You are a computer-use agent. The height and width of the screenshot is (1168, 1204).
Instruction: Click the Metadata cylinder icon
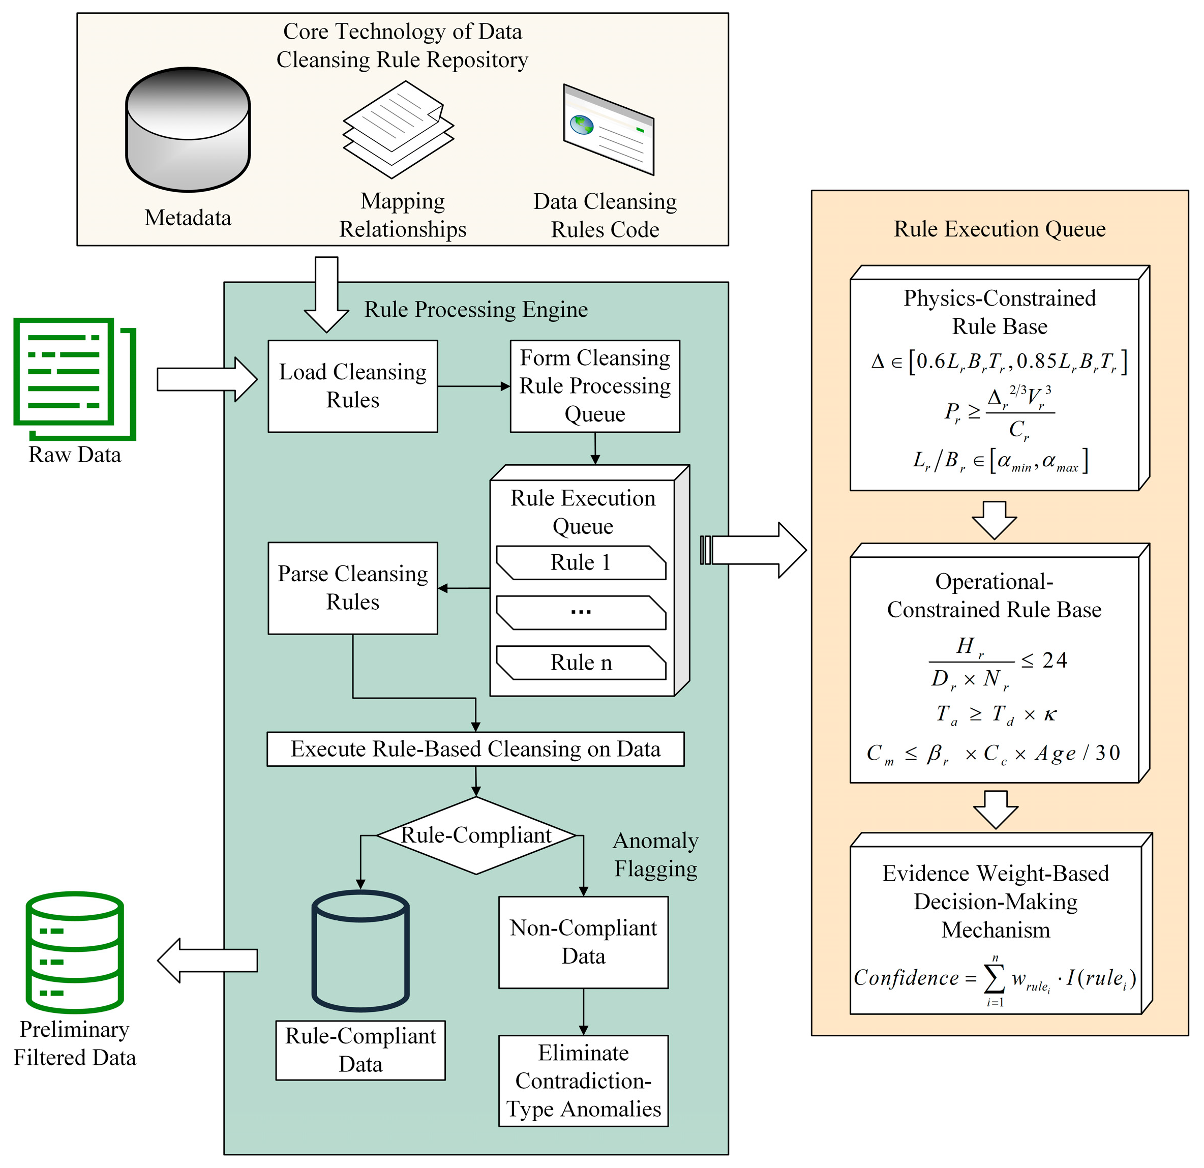point(187,129)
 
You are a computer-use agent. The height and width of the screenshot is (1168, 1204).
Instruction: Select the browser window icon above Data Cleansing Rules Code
point(608,129)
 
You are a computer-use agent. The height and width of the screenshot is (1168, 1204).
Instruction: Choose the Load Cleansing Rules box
point(352,386)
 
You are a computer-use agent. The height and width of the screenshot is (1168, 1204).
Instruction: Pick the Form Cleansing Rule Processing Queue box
point(595,386)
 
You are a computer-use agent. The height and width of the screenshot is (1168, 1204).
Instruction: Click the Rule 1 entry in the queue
point(581,563)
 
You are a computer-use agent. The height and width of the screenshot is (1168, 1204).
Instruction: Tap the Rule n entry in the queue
point(581,663)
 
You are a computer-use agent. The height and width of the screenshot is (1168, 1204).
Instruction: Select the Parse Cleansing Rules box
point(352,588)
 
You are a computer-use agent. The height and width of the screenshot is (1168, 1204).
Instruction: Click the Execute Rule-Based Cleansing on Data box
point(475,749)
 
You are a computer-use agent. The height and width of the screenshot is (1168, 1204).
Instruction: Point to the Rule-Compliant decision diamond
point(476,835)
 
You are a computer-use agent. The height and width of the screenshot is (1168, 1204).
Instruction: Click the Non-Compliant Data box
point(583,942)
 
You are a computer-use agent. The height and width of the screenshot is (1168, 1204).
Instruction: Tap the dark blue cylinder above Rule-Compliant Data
point(360,950)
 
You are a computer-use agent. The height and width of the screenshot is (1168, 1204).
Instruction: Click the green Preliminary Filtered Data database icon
point(74,952)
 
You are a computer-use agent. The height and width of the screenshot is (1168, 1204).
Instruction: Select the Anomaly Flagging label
point(655,855)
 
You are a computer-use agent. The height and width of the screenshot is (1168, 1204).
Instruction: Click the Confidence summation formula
point(995,978)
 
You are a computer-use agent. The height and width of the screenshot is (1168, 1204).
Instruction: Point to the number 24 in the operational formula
point(1054,661)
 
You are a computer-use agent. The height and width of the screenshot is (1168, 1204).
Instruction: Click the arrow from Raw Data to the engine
point(206,380)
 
